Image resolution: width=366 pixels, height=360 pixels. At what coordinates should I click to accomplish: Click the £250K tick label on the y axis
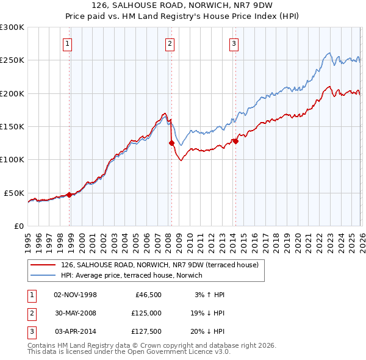pyautogui.click(x=12, y=60)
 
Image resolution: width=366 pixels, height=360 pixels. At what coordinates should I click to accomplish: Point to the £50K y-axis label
pyautogui.click(x=15, y=193)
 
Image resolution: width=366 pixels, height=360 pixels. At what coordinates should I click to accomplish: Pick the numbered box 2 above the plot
pyautogui.click(x=169, y=43)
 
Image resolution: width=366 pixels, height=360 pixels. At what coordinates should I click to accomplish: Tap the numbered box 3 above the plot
pyautogui.click(x=234, y=43)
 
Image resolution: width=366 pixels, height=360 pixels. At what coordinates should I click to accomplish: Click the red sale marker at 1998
pyautogui.click(x=70, y=195)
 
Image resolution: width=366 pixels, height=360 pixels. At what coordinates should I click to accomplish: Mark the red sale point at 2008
pyautogui.click(x=171, y=143)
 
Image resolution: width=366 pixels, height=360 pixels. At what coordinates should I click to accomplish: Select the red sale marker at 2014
pyautogui.click(x=235, y=142)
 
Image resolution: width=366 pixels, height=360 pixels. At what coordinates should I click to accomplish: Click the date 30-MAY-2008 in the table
pyautogui.click(x=76, y=312)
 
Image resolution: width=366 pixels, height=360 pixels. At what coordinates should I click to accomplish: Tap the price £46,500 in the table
pyautogui.click(x=147, y=295)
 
